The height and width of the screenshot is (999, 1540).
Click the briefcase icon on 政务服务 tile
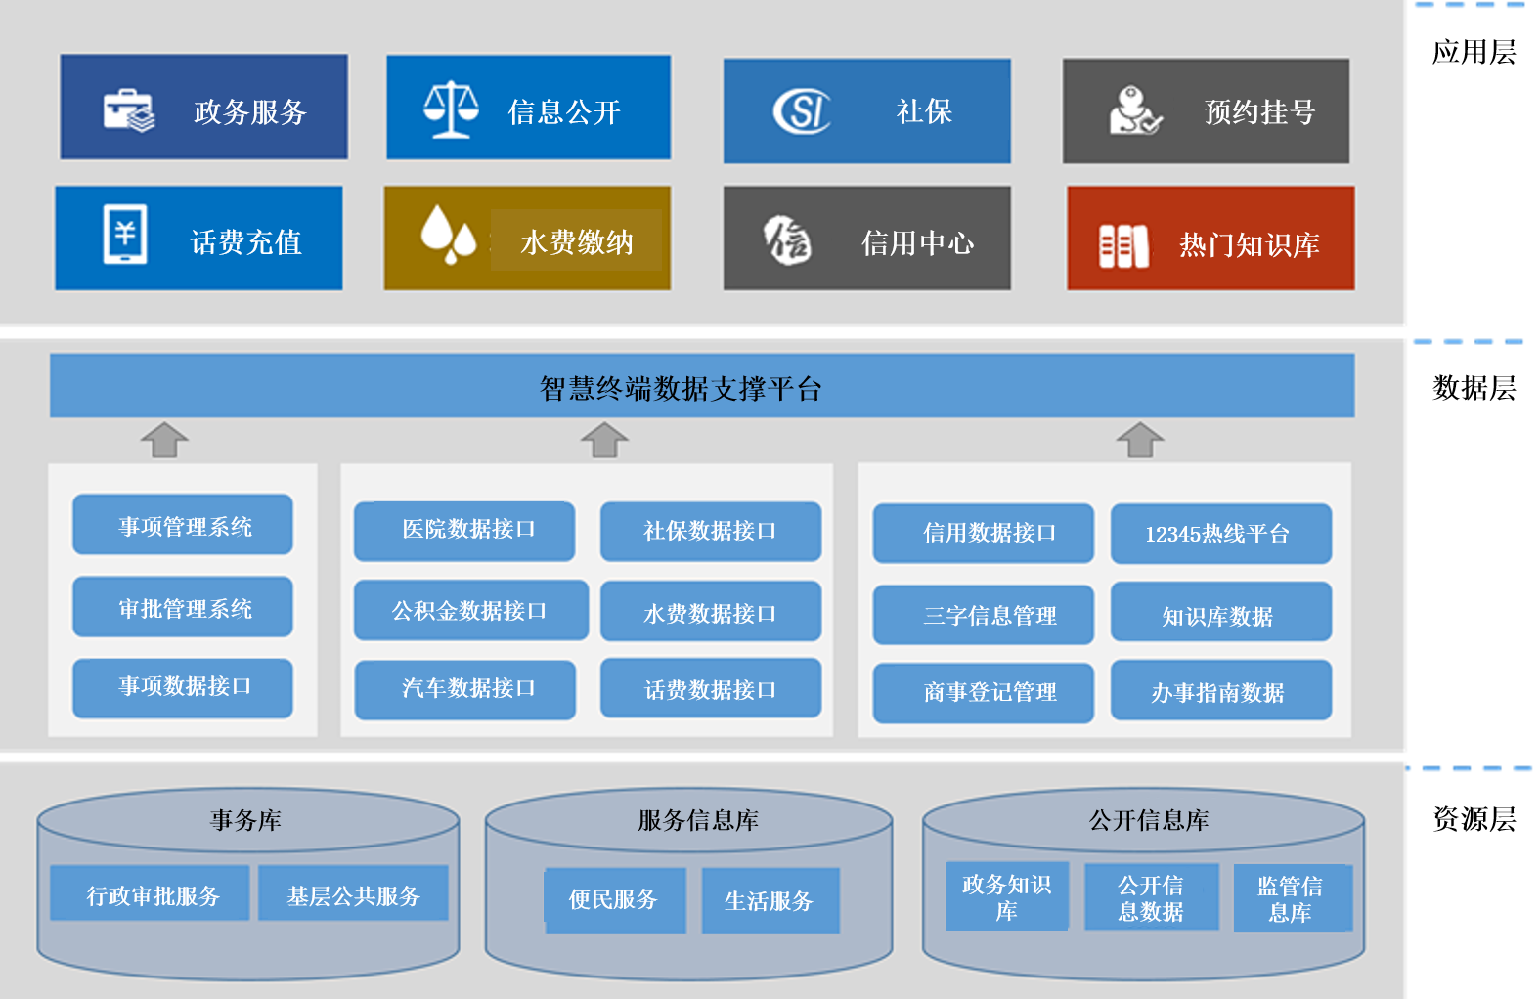coord(129,109)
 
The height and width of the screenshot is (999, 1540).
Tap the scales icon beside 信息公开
coord(451,109)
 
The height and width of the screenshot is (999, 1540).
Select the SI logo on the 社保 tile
coord(802,110)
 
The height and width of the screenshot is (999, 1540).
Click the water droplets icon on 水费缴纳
coord(448,235)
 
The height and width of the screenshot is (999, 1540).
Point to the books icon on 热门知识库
coord(1123,245)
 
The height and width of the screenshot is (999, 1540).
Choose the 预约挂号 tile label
coord(1259,112)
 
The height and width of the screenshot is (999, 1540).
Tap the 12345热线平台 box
coord(1220,534)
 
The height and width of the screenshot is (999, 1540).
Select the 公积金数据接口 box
coord(470,611)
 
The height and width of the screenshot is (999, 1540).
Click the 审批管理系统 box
coord(183,607)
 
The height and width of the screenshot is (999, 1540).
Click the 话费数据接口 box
coord(710,689)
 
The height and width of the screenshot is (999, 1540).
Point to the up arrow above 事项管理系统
coord(164,440)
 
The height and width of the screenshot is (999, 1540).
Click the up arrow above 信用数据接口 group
coord(1140,440)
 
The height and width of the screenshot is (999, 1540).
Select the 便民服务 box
coord(614,899)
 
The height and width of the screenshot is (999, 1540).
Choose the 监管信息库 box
coord(1292,898)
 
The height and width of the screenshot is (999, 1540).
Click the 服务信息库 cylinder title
coord(697,820)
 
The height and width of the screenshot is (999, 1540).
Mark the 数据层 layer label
coord(1474,388)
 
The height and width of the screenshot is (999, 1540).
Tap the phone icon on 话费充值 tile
coord(125,235)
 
